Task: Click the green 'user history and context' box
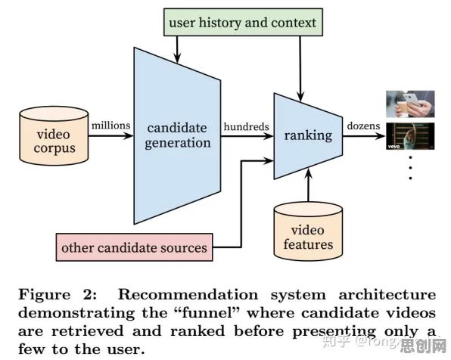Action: coord(243,22)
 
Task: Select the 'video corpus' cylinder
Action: coord(54,135)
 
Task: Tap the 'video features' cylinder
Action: coord(308,231)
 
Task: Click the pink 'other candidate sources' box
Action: coord(135,247)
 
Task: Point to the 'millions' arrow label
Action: coord(110,126)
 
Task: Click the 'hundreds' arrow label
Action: coord(247,126)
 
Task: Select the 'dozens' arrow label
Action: coord(363,126)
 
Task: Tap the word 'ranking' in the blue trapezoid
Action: coord(308,135)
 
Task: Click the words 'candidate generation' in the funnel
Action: coord(177,135)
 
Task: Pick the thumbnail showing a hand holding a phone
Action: coord(410,104)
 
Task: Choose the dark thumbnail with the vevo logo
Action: coord(410,136)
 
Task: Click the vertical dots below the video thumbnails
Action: coord(410,168)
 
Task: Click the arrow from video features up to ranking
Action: coord(308,185)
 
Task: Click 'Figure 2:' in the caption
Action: coord(58,294)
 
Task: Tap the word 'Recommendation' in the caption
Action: coord(188,294)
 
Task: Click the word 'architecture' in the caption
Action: coord(387,294)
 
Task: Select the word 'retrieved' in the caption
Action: coord(88,331)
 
